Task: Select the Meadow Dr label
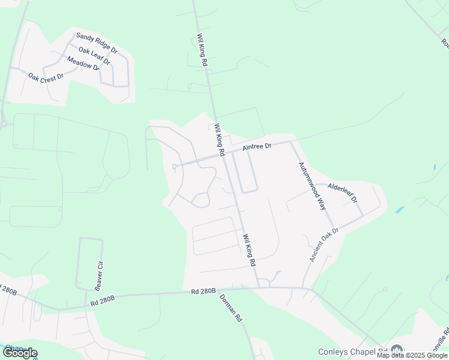point(83,63)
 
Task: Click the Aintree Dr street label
point(258,146)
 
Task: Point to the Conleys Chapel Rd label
point(353,352)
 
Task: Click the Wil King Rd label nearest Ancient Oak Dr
point(249,250)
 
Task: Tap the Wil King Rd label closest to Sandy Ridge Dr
point(202,50)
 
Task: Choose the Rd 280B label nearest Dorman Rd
point(203,292)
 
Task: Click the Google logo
point(20,353)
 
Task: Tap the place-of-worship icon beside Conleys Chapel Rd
point(396,350)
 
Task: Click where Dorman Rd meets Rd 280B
point(218,291)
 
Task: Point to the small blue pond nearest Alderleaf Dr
point(400,211)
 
